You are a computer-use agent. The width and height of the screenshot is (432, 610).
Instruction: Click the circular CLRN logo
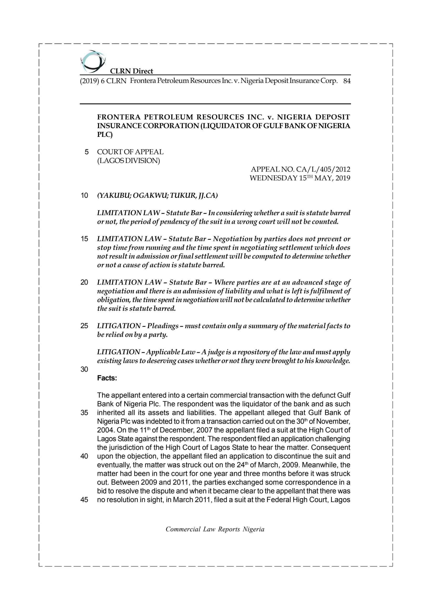point(93,62)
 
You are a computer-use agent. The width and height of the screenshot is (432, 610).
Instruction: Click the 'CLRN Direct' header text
point(131,71)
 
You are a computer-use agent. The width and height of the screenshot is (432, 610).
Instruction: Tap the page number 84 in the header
point(347,81)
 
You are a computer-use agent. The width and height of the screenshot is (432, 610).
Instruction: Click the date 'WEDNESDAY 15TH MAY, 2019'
point(300,178)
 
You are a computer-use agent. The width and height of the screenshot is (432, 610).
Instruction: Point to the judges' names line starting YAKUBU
point(157,196)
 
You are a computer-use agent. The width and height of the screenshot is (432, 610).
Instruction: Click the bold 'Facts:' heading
point(107,378)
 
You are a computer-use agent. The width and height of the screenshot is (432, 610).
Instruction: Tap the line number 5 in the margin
point(86,152)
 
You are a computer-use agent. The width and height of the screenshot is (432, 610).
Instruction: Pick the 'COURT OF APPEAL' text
point(130,152)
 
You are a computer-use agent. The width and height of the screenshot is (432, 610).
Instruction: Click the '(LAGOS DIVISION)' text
point(129,161)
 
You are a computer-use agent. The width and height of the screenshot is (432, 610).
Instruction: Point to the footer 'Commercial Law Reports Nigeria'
point(215,529)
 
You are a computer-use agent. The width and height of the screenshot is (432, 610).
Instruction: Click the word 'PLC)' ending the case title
point(105,135)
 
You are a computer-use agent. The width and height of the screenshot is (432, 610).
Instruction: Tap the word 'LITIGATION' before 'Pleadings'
point(119,326)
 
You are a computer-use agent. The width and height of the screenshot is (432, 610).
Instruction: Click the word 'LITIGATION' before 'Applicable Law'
point(118,352)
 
